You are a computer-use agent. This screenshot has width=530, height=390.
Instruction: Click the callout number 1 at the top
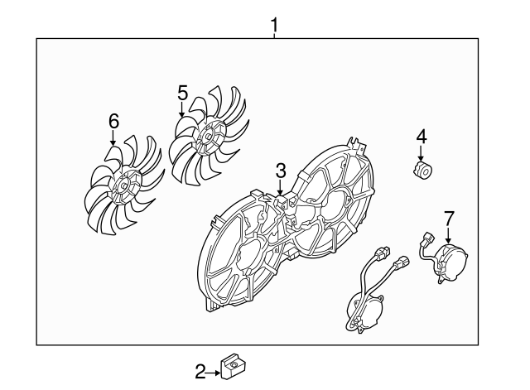point(274,26)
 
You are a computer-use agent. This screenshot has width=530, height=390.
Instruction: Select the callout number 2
point(200,372)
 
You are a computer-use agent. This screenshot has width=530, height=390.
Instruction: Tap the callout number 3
point(281,171)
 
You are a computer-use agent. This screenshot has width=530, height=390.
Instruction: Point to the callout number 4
point(422,137)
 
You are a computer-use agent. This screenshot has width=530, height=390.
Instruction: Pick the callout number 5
point(182,93)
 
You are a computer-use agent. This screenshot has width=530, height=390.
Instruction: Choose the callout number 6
point(114,121)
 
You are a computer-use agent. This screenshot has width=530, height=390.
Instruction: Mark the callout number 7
point(449,219)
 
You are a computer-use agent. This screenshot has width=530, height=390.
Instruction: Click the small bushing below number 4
point(423,169)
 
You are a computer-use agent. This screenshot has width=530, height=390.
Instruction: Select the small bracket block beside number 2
point(233,365)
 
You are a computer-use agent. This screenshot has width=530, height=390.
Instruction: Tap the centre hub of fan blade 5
point(207,136)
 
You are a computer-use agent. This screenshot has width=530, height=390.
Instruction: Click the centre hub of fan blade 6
point(124,185)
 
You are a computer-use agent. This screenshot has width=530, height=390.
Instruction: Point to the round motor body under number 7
point(451,261)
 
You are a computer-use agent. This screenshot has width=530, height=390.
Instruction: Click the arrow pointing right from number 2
point(213,373)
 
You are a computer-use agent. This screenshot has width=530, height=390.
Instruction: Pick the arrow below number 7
point(448,235)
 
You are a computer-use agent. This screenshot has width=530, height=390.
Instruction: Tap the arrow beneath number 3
point(280,187)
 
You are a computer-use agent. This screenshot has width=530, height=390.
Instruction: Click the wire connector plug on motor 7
point(427,238)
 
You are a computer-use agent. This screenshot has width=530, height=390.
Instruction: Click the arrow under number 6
point(113,137)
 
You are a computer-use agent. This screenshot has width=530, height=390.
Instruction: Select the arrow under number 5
point(182,108)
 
